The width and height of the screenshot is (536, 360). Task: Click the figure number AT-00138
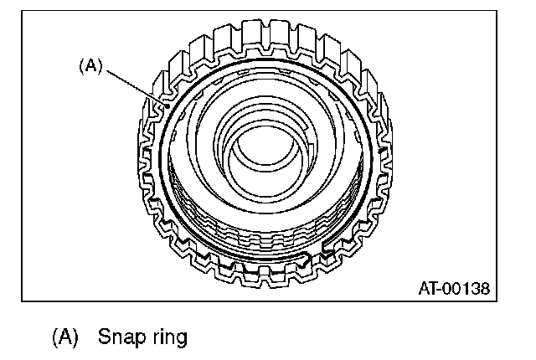[x=453, y=289]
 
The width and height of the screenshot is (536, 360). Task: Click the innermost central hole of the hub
[x=262, y=151]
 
